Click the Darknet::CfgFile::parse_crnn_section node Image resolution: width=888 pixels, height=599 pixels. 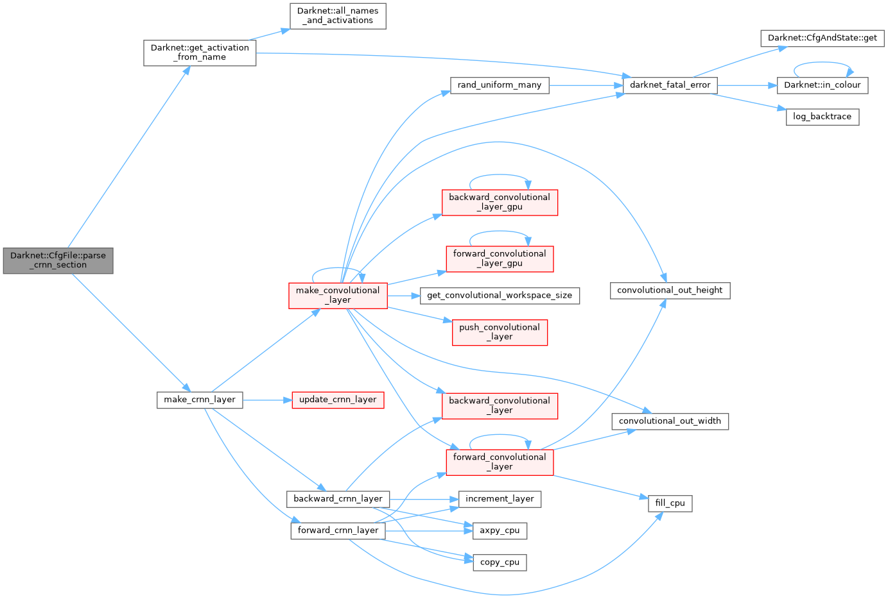click(58, 260)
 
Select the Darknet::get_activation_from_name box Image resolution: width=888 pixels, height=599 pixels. click(199, 53)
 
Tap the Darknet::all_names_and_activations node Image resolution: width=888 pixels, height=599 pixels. click(338, 16)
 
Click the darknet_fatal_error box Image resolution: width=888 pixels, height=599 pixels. click(670, 85)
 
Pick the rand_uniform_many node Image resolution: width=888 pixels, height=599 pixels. click(500, 85)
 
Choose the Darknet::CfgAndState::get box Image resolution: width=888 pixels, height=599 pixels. click(822, 38)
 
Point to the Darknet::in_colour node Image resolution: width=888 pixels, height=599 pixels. click(822, 85)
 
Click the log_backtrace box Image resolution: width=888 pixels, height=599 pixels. click(822, 117)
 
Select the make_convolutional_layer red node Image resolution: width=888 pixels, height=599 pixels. click(338, 295)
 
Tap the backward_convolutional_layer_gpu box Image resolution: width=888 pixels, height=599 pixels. click(500, 202)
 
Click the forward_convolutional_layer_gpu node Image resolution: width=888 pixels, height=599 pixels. click(500, 258)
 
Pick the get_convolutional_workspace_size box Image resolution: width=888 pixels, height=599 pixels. click(500, 296)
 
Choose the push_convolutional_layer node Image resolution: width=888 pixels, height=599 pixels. click(500, 332)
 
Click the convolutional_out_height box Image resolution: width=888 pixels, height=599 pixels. click(670, 291)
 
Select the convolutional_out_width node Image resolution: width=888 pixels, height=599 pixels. click(670, 421)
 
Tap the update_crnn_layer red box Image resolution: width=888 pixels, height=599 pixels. click(338, 400)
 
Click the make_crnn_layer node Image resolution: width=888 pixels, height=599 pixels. click(200, 400)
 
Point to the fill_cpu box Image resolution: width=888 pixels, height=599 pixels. click(670, 503)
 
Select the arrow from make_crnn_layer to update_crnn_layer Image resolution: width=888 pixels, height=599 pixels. click(267, 400)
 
